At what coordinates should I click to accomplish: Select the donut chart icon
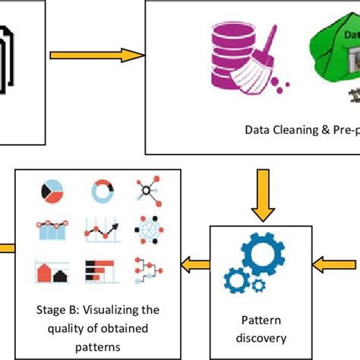[x=100, y=189]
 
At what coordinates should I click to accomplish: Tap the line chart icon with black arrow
[x=100, y=229]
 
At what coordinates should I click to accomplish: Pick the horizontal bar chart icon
[x=100, y=269]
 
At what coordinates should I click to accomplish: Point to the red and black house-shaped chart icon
[x=51, y=270]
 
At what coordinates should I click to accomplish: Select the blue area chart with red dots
[x=51, y=229]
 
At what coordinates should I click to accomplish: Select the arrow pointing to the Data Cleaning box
[x=97, y=55]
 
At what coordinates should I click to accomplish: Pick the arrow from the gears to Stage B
[x=194, y=264]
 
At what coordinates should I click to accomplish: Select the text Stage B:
[x=56, y=309]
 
